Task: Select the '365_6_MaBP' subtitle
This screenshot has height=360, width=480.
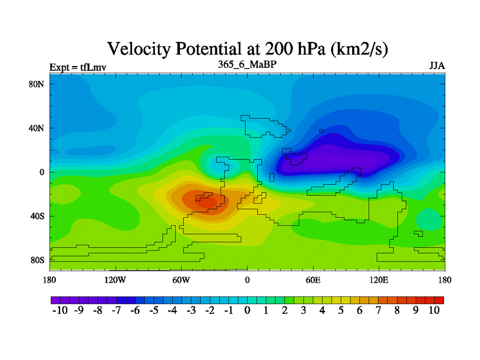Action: (x=247, y=64)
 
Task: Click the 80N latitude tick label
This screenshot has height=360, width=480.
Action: (x=38, y=84)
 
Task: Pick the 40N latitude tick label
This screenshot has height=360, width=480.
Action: (x=38, y=128)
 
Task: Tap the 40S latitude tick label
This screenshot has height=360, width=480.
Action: (x=38, y=216)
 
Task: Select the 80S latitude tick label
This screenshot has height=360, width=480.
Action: (x=38, y=260)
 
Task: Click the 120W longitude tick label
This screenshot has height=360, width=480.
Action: (x=115, y=280)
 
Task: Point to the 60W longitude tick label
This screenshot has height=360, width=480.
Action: (x=181, y=280)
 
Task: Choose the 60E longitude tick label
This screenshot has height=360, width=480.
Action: (x=313, y=280)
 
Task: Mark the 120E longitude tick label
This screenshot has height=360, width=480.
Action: (x=379, y=280)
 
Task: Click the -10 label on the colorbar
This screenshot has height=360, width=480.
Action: (x=60, y=311)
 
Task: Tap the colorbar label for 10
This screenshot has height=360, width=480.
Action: (x=434, y=311)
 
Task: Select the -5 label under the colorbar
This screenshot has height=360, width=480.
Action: (x=154, y=311)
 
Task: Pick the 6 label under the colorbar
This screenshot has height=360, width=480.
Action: (x=359, y=311)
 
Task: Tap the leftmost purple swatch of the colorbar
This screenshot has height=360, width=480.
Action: (x=55, y=299)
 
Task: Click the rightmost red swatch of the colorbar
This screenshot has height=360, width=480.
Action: (x=439, y=299)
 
